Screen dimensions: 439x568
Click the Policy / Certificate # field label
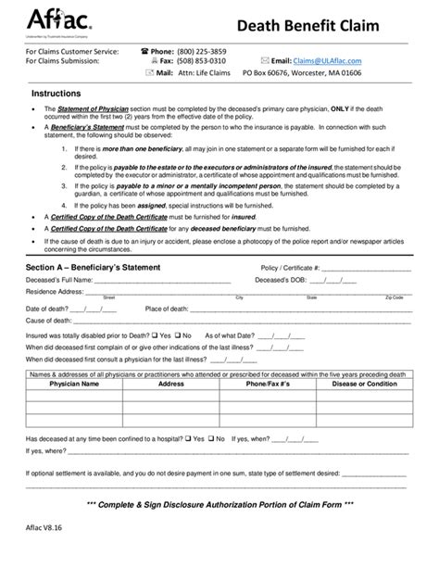pos(290,267)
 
